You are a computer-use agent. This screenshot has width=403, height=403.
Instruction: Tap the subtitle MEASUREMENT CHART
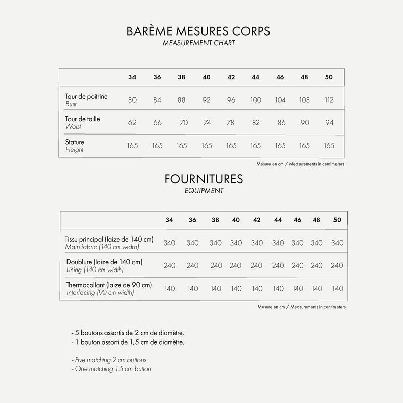[x=199, y=43]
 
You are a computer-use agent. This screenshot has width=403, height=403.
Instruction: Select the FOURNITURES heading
[x=204, y=179]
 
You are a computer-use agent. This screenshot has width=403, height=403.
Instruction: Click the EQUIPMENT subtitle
[x=204, y=191]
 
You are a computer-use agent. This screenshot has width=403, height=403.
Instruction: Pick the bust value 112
[x=329, y=100]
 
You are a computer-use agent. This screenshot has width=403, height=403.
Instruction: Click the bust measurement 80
[x=132, y=100]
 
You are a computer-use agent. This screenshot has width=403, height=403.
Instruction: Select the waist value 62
[x=132, y=122]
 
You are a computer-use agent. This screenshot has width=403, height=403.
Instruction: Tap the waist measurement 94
[x=329, y=122]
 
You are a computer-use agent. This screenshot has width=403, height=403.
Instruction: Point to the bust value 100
[x=255, y=100]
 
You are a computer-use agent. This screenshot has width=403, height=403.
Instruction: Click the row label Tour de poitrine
[x=86, y=96]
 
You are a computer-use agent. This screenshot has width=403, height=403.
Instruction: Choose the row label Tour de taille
[x=83, y=119]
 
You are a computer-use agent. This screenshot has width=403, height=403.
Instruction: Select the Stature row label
[x=75, y=142]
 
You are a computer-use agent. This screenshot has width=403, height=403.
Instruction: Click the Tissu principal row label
[x=109, y=239]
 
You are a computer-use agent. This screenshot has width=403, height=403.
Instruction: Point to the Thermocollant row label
[x=109, y=285]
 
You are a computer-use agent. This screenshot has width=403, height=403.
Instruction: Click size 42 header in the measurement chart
[x=231, y=77]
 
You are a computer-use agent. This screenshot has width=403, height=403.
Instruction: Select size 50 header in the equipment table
[x=338, y=220]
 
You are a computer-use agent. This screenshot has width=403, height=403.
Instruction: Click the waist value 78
[x=231, y=122]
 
